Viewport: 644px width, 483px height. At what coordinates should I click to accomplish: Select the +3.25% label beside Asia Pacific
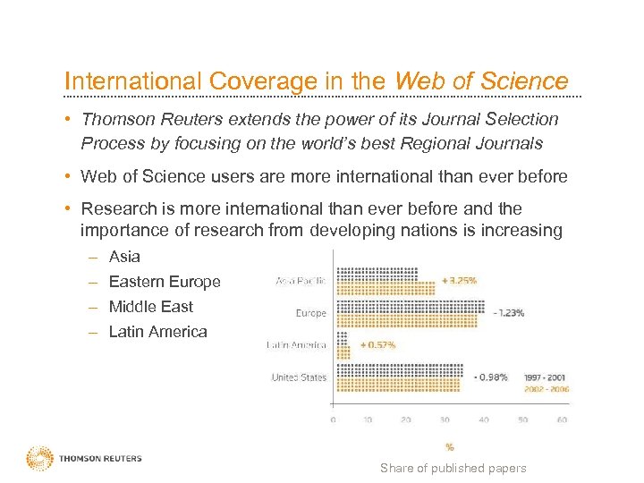tap(460, 280)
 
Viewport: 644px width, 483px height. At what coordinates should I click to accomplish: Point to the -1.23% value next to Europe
tap(508, 313)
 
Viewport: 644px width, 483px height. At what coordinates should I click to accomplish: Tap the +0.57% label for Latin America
tap(378, 344)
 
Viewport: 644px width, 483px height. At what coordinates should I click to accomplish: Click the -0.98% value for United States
tap(491, 377)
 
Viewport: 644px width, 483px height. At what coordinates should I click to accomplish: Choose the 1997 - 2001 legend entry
tap(545, 377)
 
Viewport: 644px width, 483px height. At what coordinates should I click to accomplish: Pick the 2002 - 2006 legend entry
tap(545, 389)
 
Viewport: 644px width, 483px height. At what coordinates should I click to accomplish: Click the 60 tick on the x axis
tap(562, 419)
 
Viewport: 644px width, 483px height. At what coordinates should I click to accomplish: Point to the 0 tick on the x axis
tap(334, 419)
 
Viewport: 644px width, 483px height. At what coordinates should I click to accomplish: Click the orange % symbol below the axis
tap(449, 446)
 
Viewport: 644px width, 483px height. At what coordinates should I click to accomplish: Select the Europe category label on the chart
tap(310, 313)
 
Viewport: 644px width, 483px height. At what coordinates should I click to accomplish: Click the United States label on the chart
tap(299, 377)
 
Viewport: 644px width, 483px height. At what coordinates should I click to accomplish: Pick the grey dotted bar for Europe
tap(411, 307)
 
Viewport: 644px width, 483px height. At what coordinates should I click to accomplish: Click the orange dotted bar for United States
tap(397, 385)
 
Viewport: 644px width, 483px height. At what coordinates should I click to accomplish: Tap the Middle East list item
tap(150, 307)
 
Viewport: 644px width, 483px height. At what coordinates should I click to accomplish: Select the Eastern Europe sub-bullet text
tap(164, 282)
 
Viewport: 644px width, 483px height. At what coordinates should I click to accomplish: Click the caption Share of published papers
tap(453, 468)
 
